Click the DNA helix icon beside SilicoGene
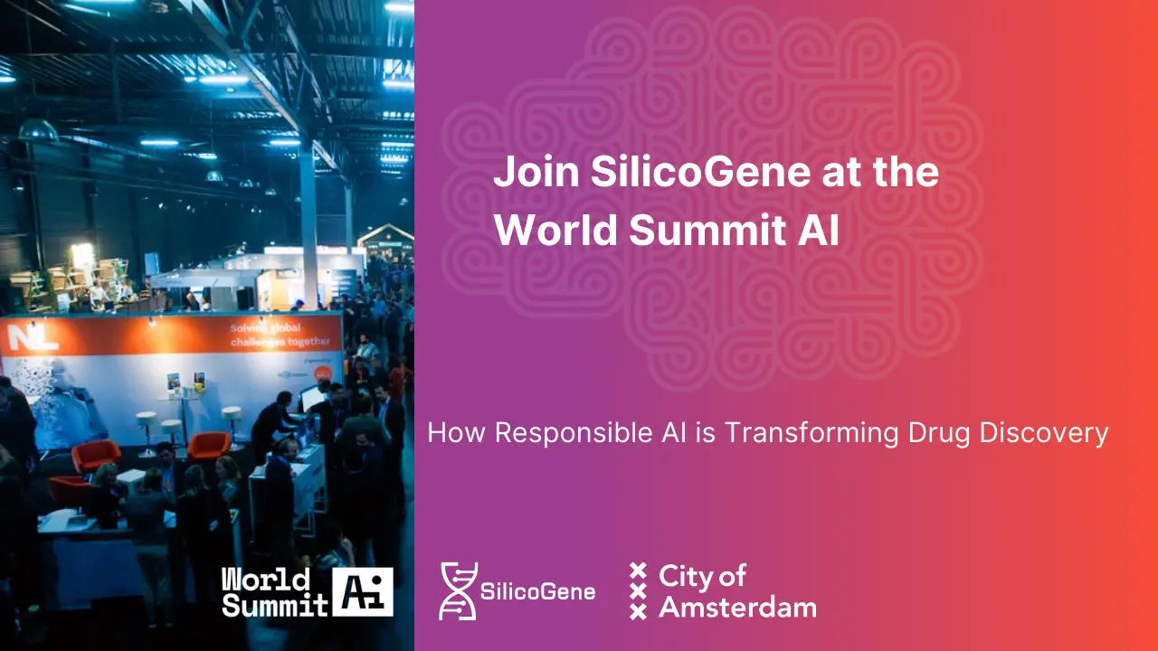click(457, 590)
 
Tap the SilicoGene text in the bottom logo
click(537, 592)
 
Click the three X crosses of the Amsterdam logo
click(639, 590)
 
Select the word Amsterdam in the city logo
click(737, 607)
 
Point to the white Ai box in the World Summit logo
click(363, 591)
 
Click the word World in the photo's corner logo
click(253, 580)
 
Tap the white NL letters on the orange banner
click(21, 337)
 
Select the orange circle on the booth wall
click(333, 373)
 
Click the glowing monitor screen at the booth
click(311, 398)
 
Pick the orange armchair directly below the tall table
click(208, 444)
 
